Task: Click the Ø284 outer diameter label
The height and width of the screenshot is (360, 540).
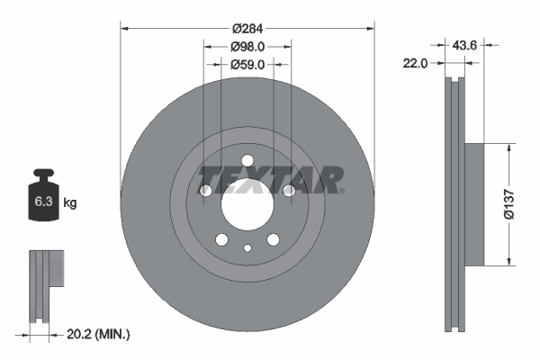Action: click(x=247, y=28)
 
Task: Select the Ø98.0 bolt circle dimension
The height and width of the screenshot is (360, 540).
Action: click(x=247, y=46)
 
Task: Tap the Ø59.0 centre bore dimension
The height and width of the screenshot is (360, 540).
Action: click(x=247, y=64)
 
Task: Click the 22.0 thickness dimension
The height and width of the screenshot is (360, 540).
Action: click(x=415, y=62)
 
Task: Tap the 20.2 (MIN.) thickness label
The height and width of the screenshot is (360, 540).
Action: click(x=99, y=334)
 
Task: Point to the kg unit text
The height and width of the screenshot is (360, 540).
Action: click(x=70, y=202)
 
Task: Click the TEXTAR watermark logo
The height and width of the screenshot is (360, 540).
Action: click(x=271, y=179)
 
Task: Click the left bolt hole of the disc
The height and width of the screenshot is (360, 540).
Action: click(x=206, y=191)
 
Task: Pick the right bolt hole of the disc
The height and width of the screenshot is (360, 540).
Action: click(x=289, y=191)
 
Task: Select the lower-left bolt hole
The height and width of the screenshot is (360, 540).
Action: click(x=221, y=239)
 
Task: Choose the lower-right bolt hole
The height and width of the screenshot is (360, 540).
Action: click(x=274, y=239)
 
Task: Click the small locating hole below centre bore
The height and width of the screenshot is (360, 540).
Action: click(x=247, y=247)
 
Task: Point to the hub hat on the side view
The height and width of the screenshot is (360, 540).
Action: click(x=473, y=203)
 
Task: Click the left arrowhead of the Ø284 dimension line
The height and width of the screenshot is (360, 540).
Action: click(x=124, y=28)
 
